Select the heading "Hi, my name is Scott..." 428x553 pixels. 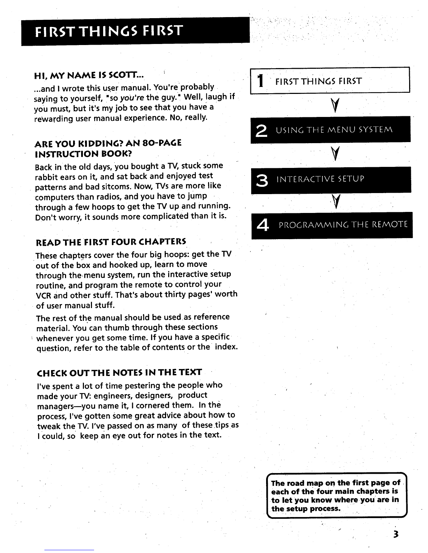coord(89,75)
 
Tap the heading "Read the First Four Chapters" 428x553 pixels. coord(111,242)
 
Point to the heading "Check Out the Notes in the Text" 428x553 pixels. coord(119,372)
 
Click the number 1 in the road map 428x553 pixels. coord(259,82)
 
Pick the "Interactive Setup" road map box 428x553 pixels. coord(330,180)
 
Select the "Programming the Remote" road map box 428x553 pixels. coord(331,224)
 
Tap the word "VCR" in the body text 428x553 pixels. coord(43,295)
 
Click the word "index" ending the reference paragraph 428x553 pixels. coord(227,348)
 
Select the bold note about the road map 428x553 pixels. coord(335,495)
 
